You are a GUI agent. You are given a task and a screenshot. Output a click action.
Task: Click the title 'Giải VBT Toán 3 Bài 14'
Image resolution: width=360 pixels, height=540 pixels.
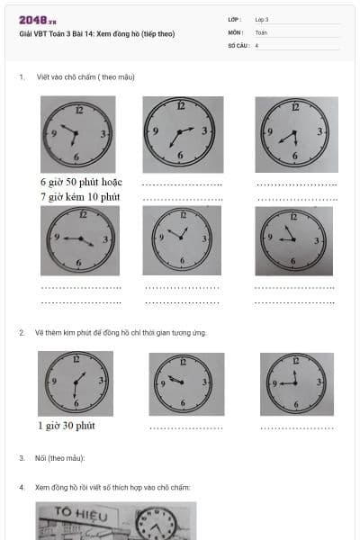coord(96,34)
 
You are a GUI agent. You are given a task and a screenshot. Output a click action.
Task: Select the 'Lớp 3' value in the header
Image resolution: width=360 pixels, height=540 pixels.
coord(262,19)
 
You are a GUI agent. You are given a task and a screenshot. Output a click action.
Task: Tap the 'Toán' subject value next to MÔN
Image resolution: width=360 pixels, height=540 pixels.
coord(261,31)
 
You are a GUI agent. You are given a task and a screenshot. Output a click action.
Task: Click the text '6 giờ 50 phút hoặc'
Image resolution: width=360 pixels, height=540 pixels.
coord(80,183)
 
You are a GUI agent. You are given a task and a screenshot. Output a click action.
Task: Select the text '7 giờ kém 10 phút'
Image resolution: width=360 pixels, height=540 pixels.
coord(80,196)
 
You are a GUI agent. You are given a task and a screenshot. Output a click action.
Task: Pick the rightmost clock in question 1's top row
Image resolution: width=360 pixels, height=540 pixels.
coord(295,134)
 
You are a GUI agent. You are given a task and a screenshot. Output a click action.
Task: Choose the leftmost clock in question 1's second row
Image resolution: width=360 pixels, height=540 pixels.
coord(79,240)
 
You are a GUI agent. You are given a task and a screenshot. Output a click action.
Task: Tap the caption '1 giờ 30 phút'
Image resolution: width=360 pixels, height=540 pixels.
coord(67,426)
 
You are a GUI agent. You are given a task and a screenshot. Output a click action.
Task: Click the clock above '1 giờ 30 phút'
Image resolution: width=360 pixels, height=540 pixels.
coord(76,382)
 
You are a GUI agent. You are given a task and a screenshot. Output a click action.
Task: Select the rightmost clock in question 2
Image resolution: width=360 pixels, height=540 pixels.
coord(296,382)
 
